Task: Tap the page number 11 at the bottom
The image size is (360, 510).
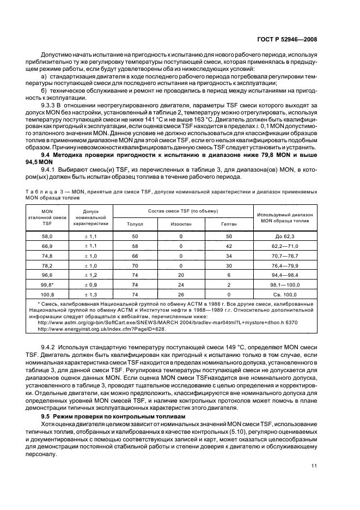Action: point(314,465)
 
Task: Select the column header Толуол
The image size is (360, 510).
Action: point(135,223)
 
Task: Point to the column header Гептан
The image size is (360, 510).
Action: point(229,223)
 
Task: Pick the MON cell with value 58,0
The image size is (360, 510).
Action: point(47,236)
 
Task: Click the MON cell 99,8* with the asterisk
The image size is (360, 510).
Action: point(47,285)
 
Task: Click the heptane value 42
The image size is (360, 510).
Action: point(229,246)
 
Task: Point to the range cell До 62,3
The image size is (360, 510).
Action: point(285,236)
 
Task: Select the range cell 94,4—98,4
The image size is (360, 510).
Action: point(285,275)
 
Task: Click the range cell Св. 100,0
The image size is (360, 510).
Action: point(285,295)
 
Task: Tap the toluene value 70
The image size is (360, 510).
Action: point(135,265)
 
